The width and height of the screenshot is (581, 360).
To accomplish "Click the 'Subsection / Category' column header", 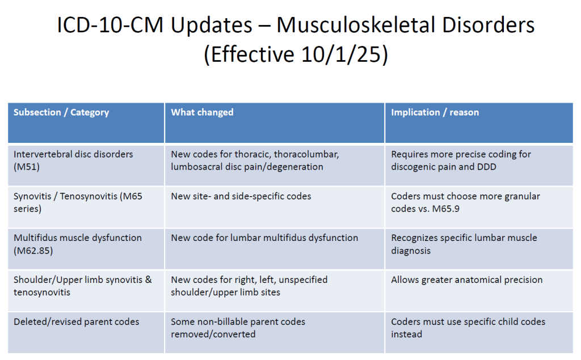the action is pos(61,112).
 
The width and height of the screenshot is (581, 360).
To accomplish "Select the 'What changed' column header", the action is pos(202,112).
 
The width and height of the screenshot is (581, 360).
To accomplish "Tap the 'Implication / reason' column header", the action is pos(435,112).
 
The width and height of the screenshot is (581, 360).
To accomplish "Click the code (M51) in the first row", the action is pos(27,167).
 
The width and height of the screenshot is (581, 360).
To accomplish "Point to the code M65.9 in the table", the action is pos(446,209).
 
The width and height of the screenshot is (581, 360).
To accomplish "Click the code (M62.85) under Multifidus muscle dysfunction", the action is pos(33,251).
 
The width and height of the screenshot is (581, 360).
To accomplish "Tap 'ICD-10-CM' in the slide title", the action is pos(110,25).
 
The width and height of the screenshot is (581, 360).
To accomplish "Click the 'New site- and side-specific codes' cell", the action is pos(241,196).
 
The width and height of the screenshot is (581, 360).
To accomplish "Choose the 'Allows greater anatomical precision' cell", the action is pos(467,280).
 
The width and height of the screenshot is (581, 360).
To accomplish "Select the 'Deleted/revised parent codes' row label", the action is pos(77,322).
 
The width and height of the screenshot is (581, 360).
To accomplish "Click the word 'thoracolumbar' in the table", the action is pos(306,154).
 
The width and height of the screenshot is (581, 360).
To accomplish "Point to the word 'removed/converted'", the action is pos(213,334).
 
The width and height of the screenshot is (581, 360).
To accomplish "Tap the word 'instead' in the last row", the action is pos(406,334).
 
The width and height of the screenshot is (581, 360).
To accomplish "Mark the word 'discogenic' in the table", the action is pos(412,167).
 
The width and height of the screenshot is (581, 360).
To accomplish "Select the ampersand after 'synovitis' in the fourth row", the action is pos(149,279).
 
